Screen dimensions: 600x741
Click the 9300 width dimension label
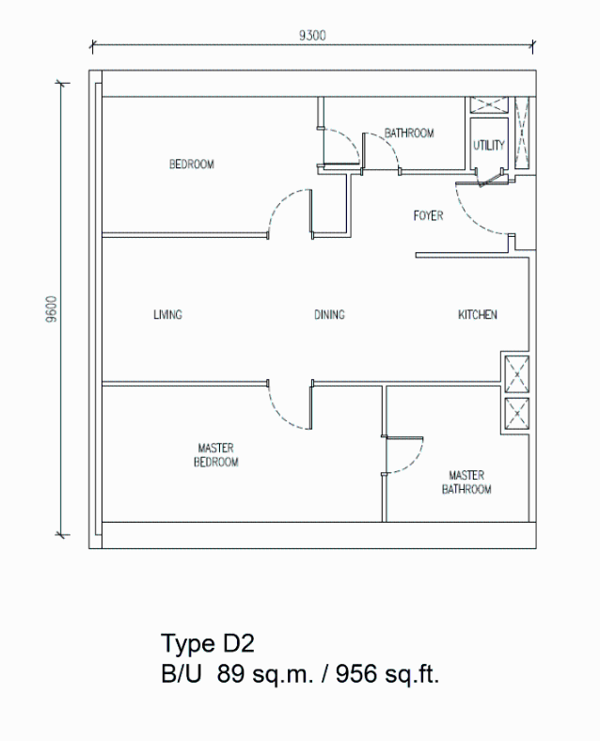(x=312, y=36)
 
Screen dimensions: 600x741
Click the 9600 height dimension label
(x=52, y=309)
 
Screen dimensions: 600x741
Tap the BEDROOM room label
(x=192, y=164)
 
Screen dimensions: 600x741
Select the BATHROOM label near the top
(x=409, y=134)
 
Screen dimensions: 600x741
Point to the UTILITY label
(x=489, y=145)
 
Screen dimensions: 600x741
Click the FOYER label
(x=429, y=216)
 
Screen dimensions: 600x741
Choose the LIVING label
(x=167, y=314)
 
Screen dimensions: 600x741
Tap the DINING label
(x=330, y=314)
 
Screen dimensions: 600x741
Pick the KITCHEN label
(x=478, y=314)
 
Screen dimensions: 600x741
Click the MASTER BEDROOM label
(x=216, y=454)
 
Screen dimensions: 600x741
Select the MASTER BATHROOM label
(x=466, y=482)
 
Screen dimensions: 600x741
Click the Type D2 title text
(x=208, y=643)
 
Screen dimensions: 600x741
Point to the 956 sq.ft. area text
(x=387, y=673)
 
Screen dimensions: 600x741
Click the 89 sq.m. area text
(x=265, y=673)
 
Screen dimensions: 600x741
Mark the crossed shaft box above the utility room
(x=489, y=104)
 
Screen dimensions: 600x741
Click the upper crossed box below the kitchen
(x=517, y=374)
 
